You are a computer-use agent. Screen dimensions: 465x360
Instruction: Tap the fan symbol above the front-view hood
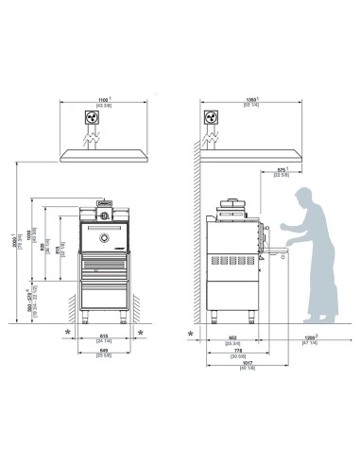[x=93, y=120]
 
